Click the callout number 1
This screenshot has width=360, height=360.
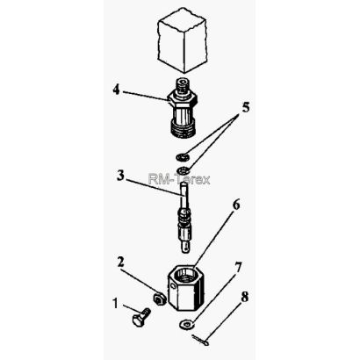(x=116, y=304)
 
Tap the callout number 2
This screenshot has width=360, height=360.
(x=120, y=263)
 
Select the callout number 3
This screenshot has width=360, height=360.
(x=120, y=176)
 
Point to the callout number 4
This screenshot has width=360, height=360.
(x=117, y=90)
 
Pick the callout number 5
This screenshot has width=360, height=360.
(x=246, y=107)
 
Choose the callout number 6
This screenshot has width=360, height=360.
(x=236, y=205)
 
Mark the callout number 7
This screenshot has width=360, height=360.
(x=238, y=267)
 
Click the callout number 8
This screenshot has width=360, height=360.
(x=244, y=297)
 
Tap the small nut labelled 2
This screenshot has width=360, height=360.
(x=160, y=299)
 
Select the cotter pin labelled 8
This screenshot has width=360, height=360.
(x=200, y=340)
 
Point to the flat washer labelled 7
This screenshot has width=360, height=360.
(x=186, y=324)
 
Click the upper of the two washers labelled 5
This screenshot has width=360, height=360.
(x=183, y=157)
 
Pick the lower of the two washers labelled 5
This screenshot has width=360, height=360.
(x=183, y=169)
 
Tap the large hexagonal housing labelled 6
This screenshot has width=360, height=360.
(x=186, y=288)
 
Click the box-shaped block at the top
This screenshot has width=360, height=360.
(x=182, y=40)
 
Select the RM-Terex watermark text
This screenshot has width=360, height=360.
(x=179, y=179)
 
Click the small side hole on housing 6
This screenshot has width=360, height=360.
(x=172, y=286)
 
